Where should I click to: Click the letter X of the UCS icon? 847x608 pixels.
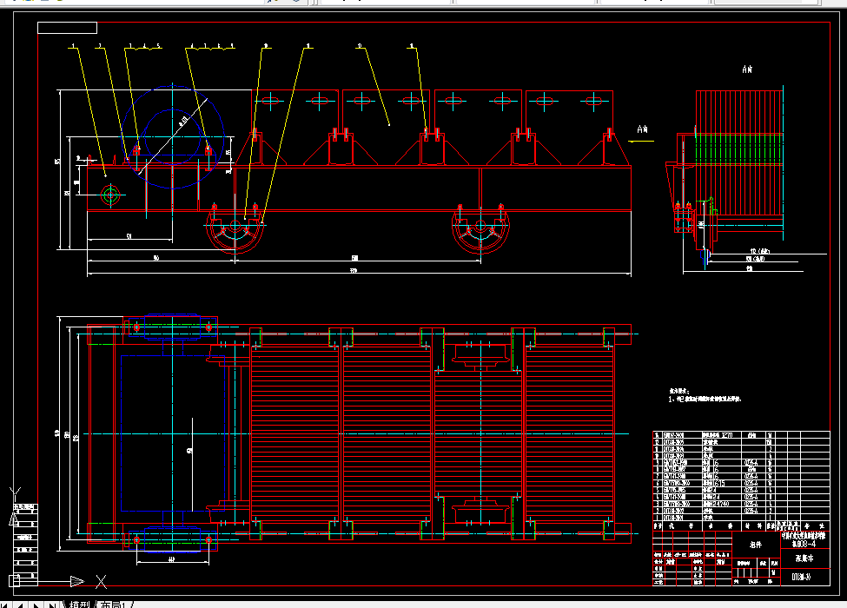click(x=101, y=581)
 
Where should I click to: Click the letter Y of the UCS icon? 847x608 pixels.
click(x=13, y=519)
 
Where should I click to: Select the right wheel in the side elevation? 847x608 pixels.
click(x=480, y=230)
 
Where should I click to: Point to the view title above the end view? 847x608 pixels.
click(x=746, y=69)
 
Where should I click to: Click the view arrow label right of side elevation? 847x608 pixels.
click(x=643, y=131)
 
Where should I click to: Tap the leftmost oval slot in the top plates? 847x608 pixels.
click(x=269, y=102)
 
